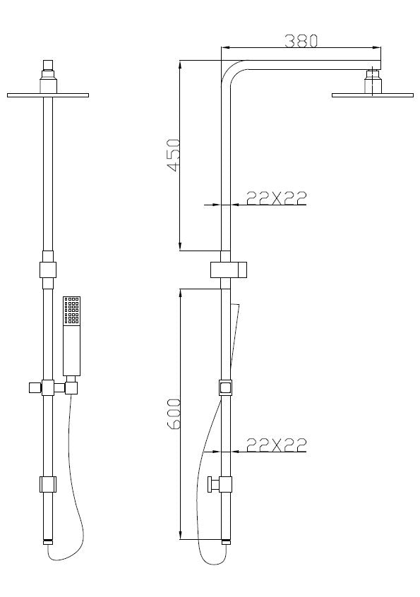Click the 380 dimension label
click(301, 40)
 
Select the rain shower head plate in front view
click(48, 95)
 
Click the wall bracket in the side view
click(230, 269)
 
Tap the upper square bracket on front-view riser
click(48, 269)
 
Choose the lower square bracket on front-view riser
click(48, 484)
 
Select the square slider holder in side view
click(225, 387)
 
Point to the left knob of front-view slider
click(32, 387)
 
